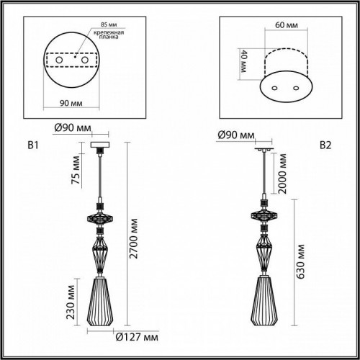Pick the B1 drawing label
(x=32, y=146)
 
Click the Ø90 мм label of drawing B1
(x=72, y=130)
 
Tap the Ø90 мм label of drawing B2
(x=238, y=135)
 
